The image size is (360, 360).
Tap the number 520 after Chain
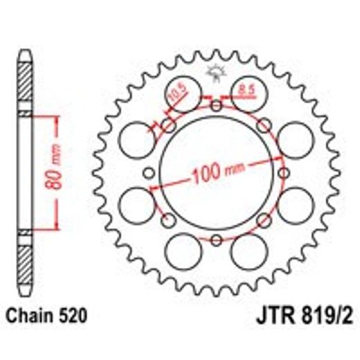72,317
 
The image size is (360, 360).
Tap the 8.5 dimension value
246,89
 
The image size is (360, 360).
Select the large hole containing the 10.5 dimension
183,92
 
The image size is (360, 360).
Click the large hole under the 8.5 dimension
248,97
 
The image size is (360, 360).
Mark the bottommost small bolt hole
216,240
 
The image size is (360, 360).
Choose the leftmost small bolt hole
150,173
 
